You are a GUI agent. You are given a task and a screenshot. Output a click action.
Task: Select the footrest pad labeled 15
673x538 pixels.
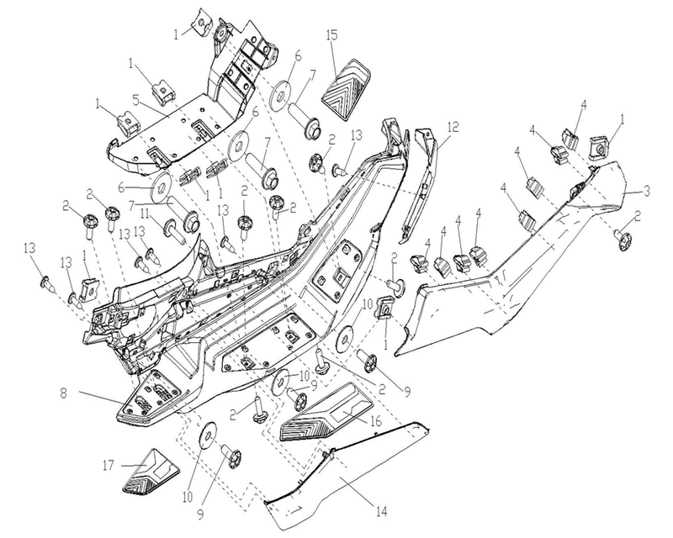point(346,90)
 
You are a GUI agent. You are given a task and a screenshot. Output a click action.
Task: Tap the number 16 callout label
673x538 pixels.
point(376,421)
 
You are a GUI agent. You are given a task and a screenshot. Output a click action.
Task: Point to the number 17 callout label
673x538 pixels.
point(109,465)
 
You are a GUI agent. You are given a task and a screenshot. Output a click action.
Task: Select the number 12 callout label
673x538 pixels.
point(453,127)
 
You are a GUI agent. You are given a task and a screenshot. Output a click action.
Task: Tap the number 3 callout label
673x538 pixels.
point(647,191)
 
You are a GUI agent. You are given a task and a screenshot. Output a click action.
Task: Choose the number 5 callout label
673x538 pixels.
point(135,101)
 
